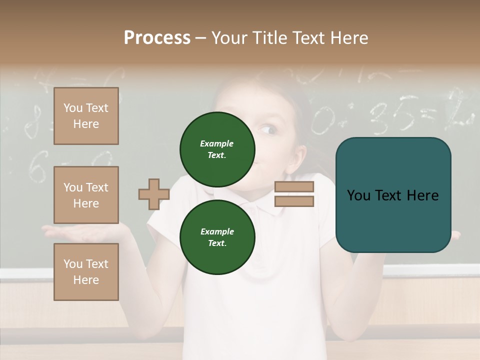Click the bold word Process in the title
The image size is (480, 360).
157,38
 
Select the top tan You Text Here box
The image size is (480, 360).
86,116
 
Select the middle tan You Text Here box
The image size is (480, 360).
86,195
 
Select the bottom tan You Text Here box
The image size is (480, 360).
86,272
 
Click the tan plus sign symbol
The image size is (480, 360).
153,194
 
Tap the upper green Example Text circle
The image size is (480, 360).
217,149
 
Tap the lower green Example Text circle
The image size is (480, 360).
217,237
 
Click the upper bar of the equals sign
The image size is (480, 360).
294,186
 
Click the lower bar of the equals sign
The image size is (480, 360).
294,201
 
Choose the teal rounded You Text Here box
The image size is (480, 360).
393,195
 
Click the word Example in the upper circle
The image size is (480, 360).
217,144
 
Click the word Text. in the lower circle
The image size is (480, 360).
217,243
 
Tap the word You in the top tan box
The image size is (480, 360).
73,108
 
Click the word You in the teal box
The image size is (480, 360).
358,195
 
